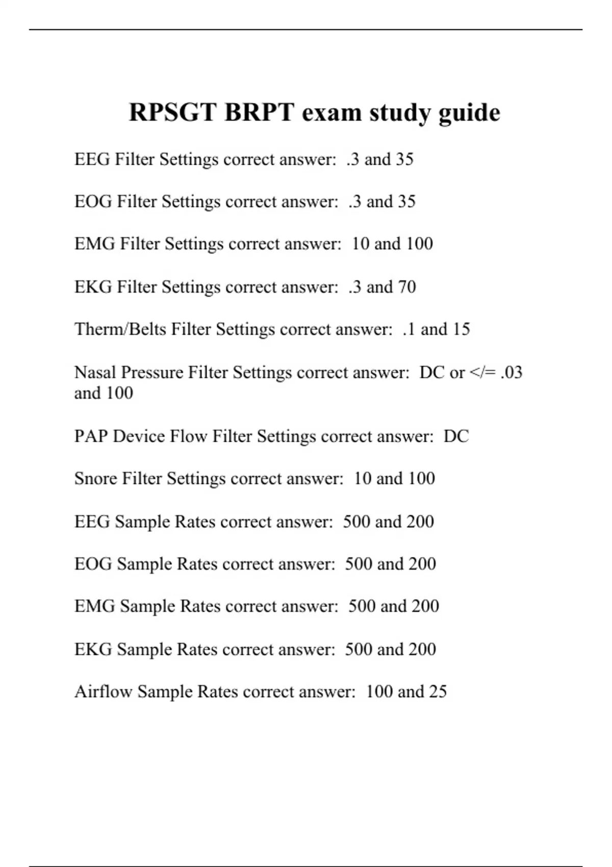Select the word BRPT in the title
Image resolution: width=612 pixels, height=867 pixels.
point(259,112)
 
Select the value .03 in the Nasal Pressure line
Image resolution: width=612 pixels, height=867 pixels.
point(512,372)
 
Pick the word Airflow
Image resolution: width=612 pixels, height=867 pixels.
point(104,692)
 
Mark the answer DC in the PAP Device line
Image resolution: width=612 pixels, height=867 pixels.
point(456,436)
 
